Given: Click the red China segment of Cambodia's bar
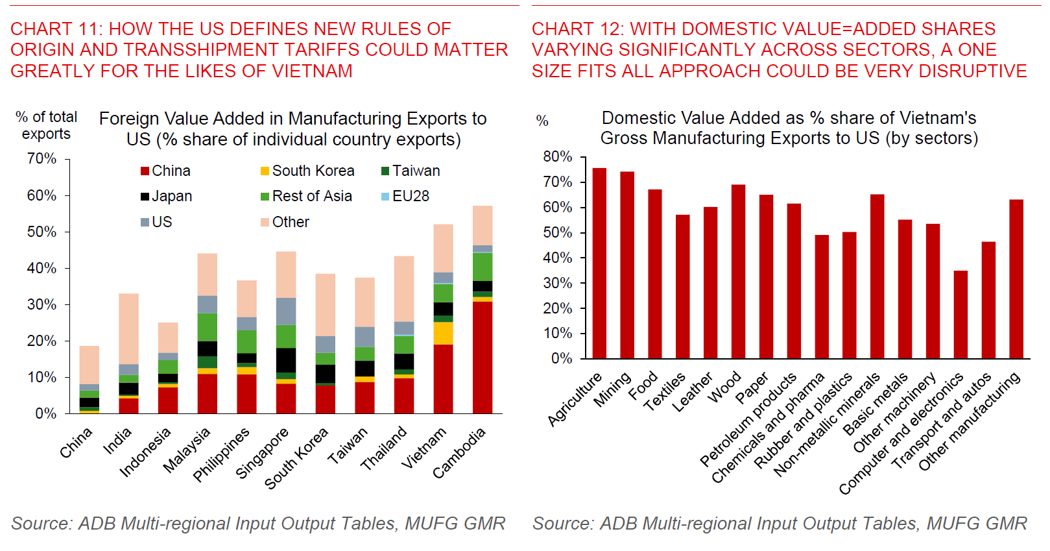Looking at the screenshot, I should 483,358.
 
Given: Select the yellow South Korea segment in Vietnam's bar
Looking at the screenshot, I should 443,333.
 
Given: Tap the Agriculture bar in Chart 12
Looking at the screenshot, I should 599,263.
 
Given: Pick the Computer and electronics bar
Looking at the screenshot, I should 961,315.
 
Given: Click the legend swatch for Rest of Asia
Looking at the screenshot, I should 265,197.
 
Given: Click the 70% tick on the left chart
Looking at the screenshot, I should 42,158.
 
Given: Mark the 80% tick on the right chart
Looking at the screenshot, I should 558,156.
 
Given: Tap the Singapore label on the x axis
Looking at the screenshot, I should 262,452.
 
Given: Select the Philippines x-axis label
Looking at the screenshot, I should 222,454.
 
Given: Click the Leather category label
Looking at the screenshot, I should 692,391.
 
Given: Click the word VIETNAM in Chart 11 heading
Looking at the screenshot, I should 312,71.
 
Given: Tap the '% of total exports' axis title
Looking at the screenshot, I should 46,125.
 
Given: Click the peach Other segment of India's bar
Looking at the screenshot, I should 128,328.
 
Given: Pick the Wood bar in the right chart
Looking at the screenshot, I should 738,271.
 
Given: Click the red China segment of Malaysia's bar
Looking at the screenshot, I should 208,393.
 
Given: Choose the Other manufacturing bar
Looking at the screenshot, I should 1016,279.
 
